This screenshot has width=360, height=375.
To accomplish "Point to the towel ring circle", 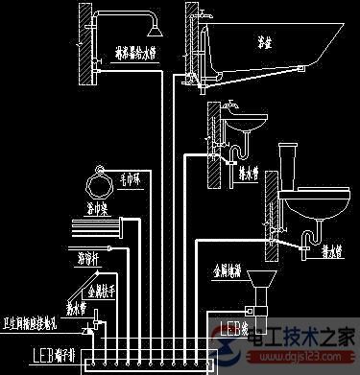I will (x=97, y=178).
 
